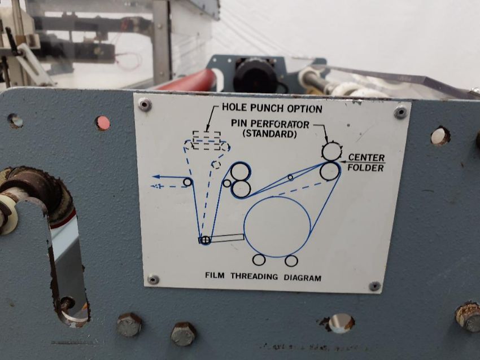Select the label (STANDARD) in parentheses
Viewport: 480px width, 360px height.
tap(269, 134)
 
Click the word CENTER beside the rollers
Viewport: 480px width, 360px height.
tap(366, 157)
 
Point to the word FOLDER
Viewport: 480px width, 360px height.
tap(365, 168)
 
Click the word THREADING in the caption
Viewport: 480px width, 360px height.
tap(254, 276)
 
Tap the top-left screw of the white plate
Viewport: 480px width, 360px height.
tap(145, 105)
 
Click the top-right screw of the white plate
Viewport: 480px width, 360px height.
tap(400, 112)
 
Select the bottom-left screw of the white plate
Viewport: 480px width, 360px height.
tap(153, 279)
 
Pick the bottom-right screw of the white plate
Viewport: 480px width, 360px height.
tap(374, 286)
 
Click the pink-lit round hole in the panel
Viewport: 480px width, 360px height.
tap(103, 123)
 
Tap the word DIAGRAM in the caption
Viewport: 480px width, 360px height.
tap(303, 278)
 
